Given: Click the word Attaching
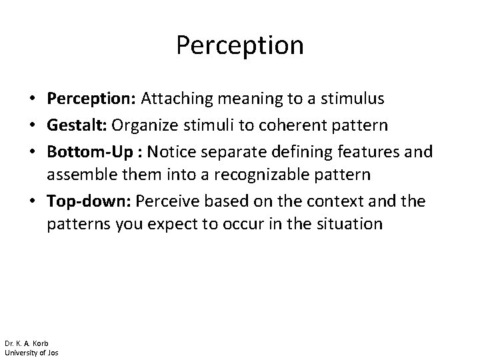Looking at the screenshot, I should point(183,99).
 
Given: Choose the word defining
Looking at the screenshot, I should point(293,153).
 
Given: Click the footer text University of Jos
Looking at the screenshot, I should point(31,352).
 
